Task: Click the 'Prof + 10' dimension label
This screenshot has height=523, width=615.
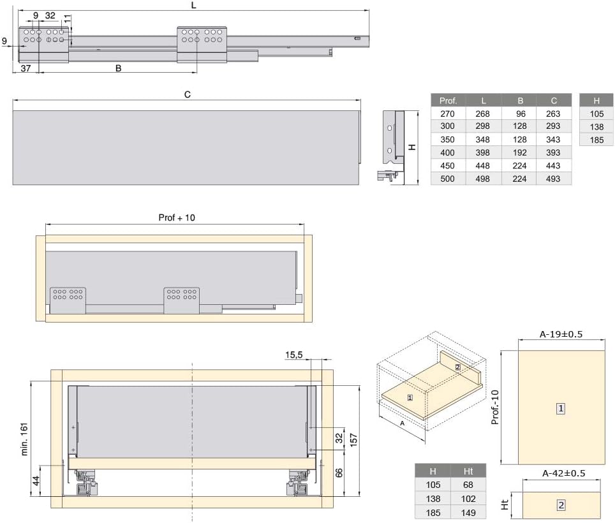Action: pos(177,217)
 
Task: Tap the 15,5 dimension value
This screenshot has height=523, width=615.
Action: pos(293,355)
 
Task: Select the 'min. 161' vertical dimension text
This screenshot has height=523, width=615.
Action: pos(24,439)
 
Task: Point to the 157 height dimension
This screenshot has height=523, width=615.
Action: pos(353,440)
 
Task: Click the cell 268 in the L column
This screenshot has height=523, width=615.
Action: pos(482,114)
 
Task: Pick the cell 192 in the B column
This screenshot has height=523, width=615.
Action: pos(520,152)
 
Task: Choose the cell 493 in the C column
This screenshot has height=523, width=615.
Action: pos(553,179)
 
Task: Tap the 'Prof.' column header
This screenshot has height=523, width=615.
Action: pos(448,101)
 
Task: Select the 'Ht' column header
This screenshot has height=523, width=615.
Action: pos(468,471)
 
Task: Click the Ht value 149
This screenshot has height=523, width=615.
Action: pos(468,513)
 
